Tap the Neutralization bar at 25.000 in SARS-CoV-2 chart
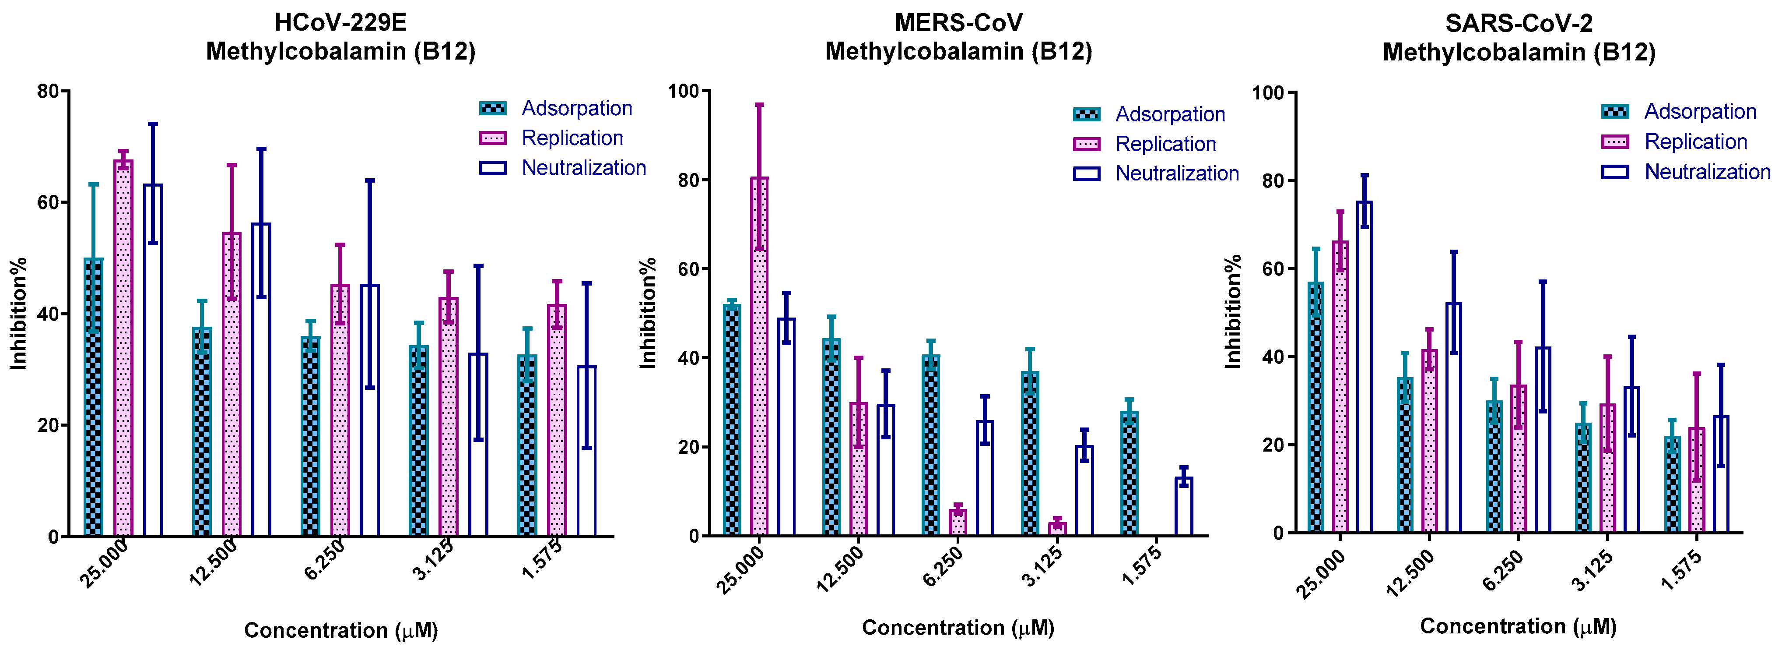1364,367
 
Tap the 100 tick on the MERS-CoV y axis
684,91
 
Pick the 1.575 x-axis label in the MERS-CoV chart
1141,567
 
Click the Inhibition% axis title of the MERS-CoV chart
648,313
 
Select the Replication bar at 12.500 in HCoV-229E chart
232,384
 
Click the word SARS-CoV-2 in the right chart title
1519,24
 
